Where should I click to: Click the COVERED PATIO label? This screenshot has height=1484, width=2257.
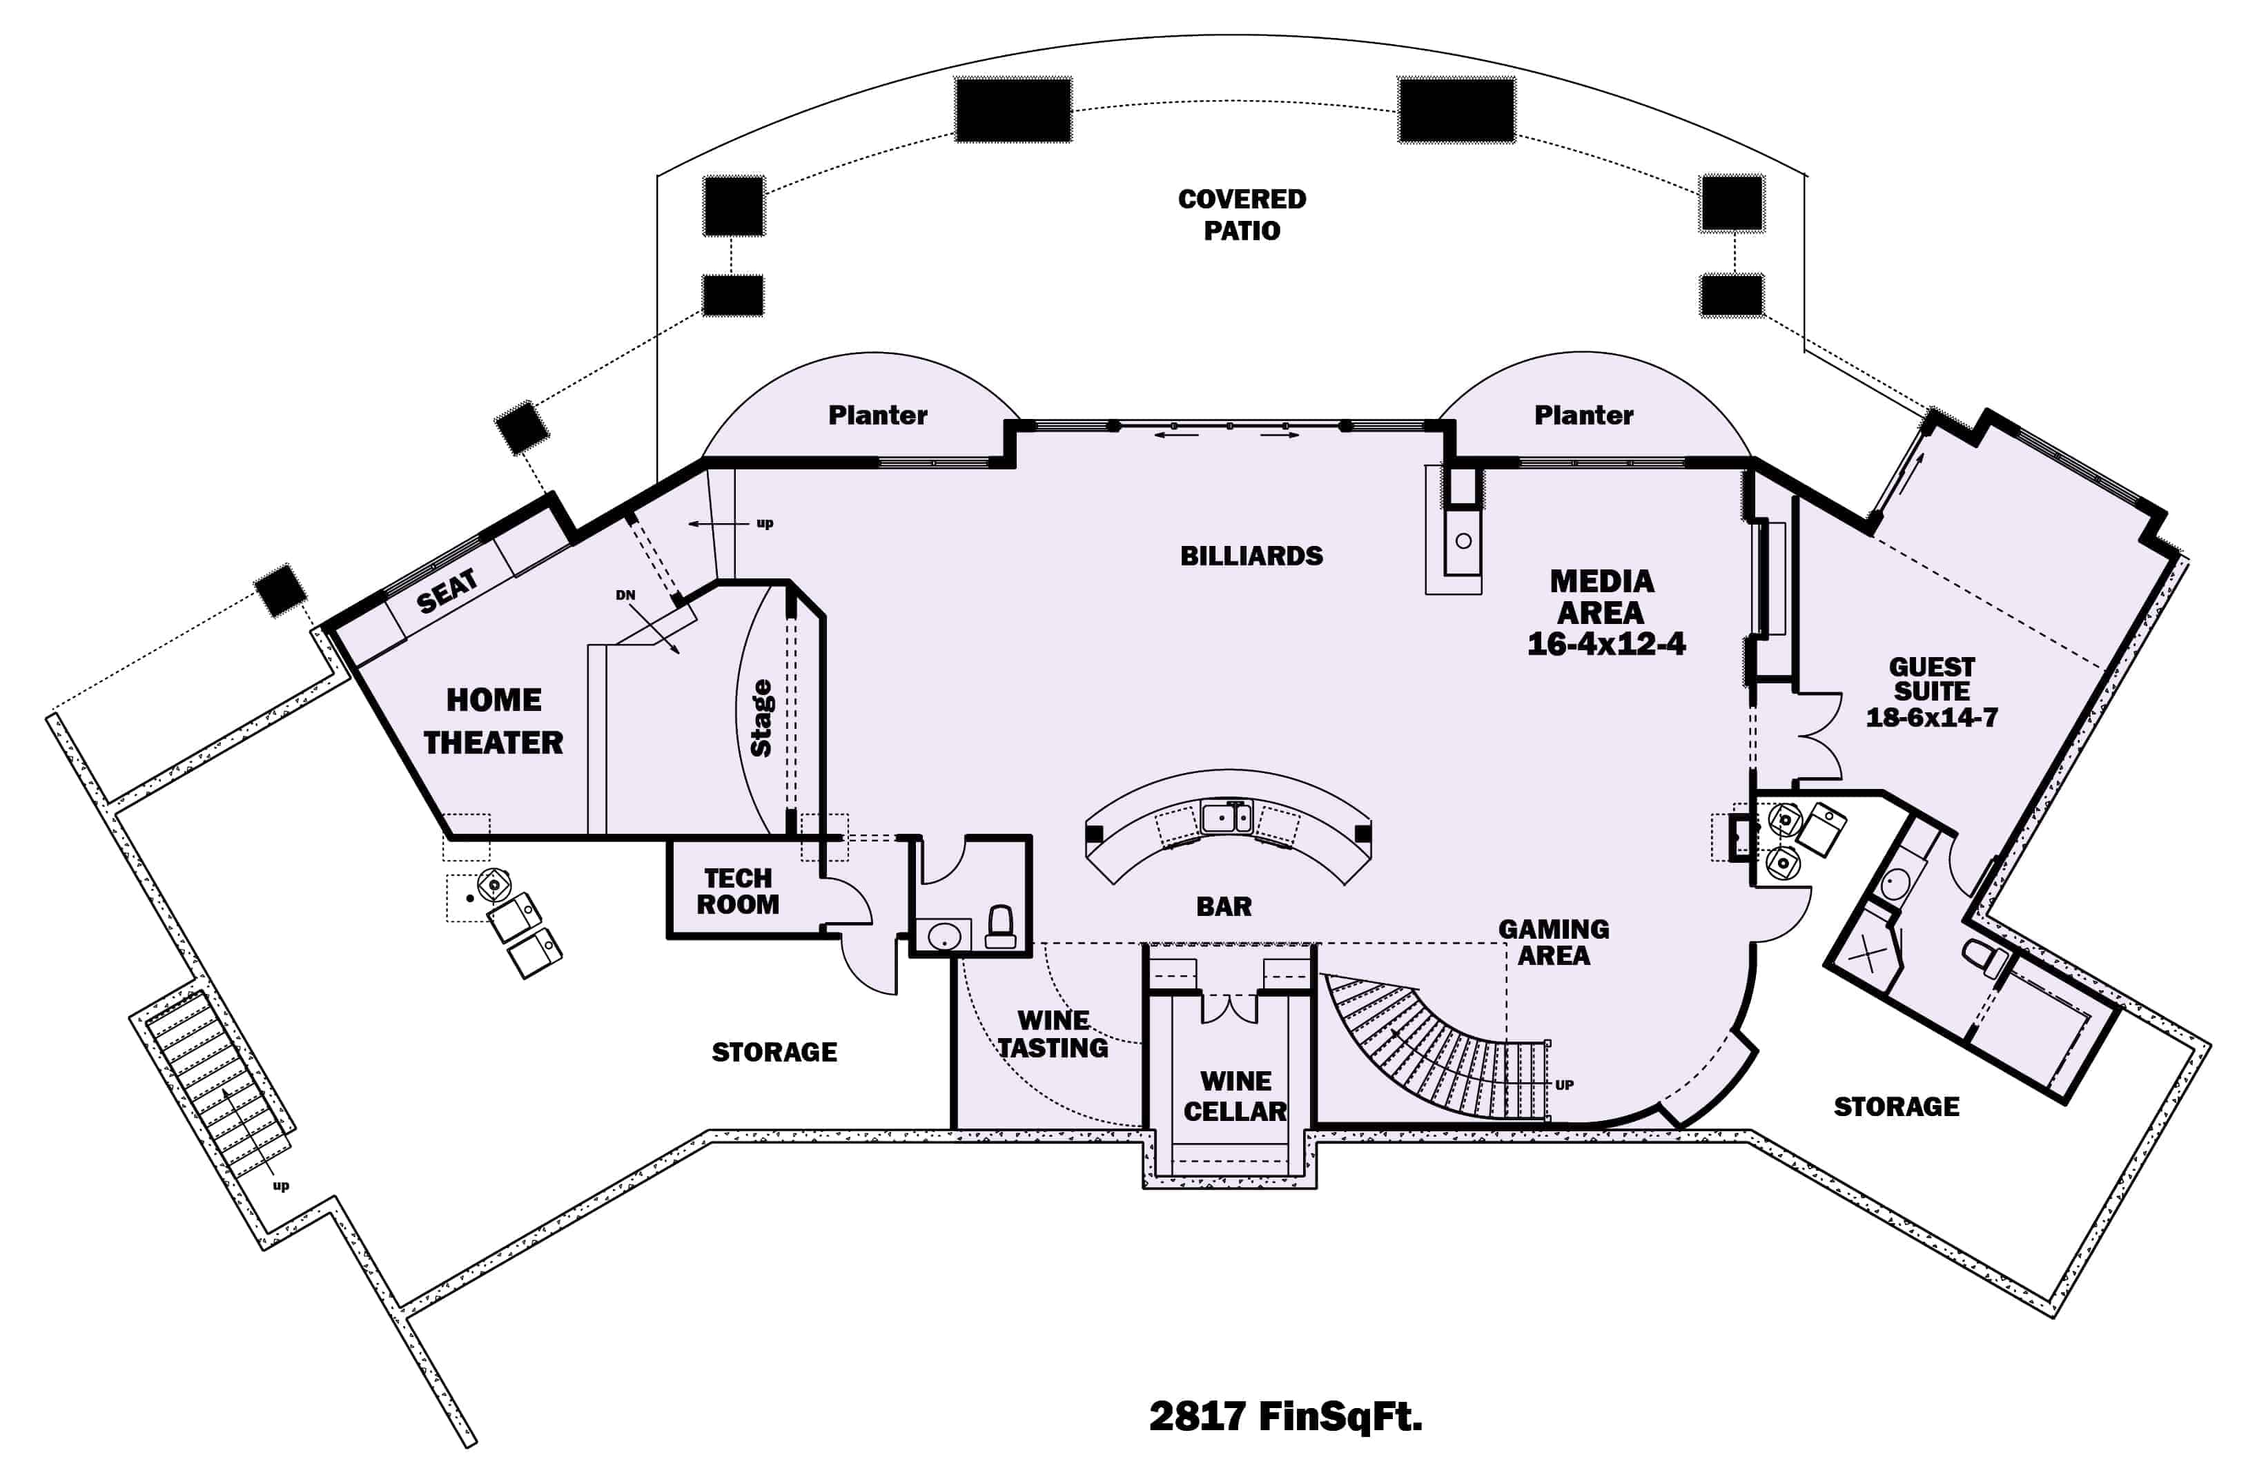(x=1241, y=214)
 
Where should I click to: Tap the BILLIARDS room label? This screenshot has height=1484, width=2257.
(x=1251, y=556)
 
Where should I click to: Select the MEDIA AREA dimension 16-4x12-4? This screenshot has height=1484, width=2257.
(x=1606, y=644)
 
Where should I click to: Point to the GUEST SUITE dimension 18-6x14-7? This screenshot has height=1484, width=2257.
(x=1932, y=717)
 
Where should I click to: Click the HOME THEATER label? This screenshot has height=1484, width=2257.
(x=493, y=721)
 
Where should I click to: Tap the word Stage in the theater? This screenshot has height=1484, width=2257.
(x=761, y=718)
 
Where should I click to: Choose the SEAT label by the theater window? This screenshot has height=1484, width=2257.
(x=446, y=592)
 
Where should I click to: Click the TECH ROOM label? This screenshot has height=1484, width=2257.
(x=738, y=891)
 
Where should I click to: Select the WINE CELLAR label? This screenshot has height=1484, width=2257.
(x=1235, y=1096)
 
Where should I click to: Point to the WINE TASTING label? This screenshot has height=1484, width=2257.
(x=1053, y=1035)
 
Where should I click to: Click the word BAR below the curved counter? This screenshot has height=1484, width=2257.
(x=1223, y=906)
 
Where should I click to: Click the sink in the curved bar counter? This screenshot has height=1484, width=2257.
(x=1227, y=817)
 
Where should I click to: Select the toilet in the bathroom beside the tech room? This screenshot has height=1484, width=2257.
(x=1001, y=926)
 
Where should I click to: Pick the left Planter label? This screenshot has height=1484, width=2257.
(x=877, y=416)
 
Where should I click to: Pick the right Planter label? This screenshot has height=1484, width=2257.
(x=1583, y=416)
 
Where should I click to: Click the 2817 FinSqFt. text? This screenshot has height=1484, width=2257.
(x=1285, y=1416)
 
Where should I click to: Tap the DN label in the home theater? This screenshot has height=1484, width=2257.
(x=625, y=596)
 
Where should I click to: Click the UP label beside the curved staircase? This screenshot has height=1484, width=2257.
(x=1564, y=1085)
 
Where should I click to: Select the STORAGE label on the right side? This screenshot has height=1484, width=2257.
(x=1896, y=1106)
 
